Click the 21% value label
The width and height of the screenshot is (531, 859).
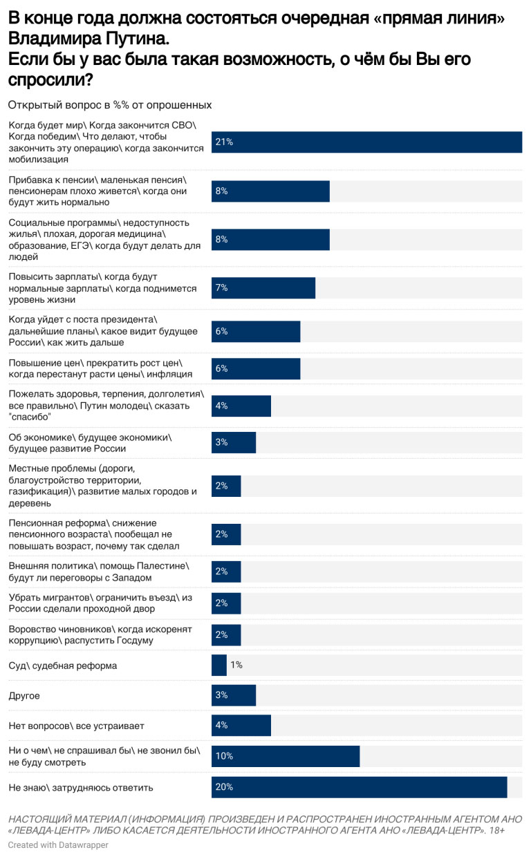[224, 142]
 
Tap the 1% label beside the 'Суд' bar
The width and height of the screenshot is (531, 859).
[236, 665]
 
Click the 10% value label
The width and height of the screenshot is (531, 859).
[224, 756]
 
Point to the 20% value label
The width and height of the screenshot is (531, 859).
[224, 787]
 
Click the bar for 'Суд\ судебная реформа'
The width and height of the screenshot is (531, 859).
[219, 665]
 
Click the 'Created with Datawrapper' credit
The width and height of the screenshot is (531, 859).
[58, 845]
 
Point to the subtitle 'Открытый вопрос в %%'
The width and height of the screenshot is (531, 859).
[109, 105]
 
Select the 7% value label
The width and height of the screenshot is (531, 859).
[222, 287]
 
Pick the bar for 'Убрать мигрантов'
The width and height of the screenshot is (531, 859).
[226, 603]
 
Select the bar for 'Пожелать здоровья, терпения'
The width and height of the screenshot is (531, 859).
[241, 406]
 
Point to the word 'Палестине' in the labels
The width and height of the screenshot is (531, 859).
[164, 566]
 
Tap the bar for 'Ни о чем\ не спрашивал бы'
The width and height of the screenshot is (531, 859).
[286, 756]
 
